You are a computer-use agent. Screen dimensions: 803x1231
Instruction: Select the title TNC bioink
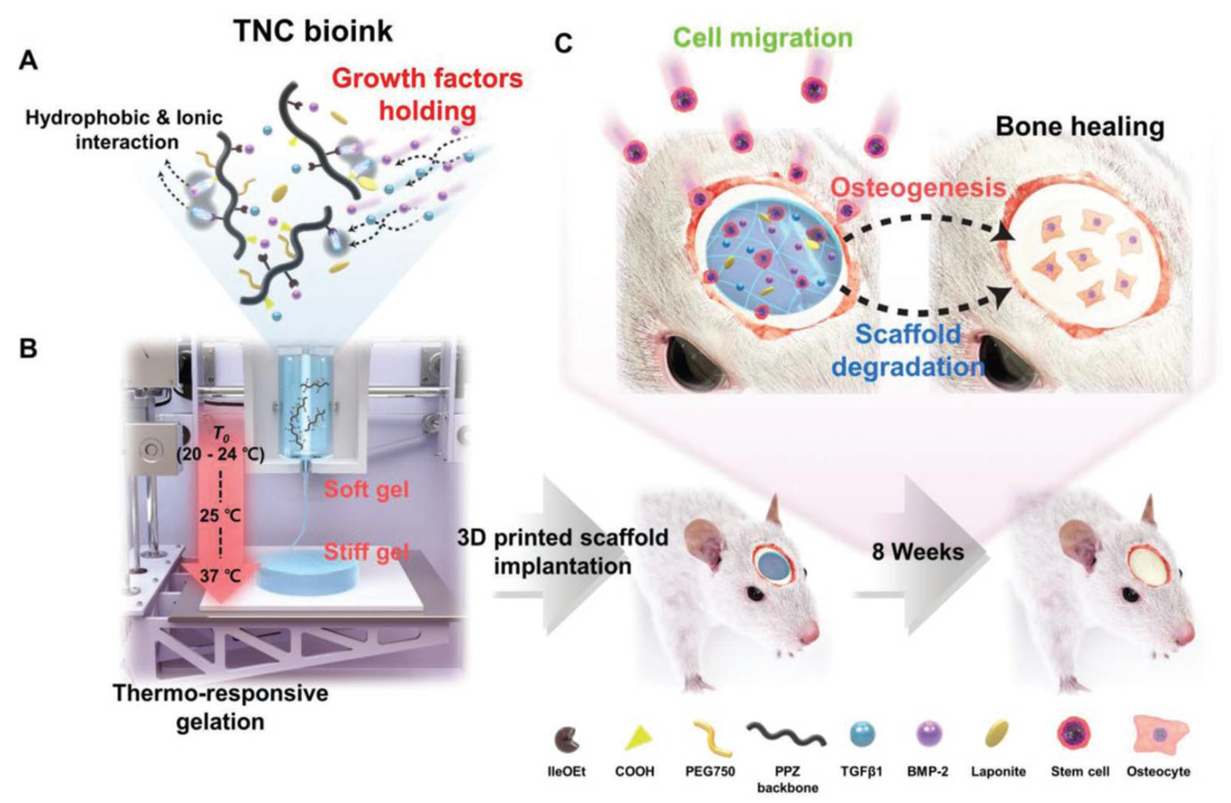point(313,31)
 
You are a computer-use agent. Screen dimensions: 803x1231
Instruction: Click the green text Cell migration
point(763,39)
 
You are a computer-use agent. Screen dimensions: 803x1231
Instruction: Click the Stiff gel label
point(366,552)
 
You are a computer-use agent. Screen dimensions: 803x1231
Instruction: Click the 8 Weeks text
point(918,552)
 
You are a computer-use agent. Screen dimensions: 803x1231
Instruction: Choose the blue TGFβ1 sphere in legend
point(862,735)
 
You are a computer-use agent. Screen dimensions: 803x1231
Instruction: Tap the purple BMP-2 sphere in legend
point(929,735)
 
